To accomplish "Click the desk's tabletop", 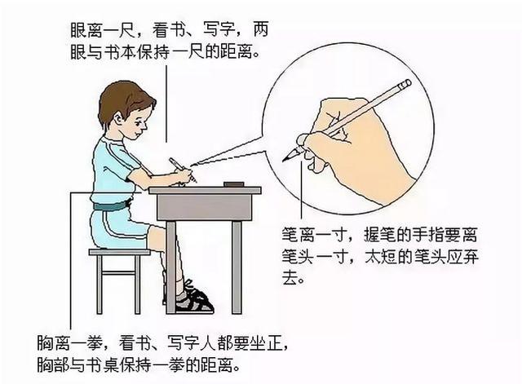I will [x=205, y=191].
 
